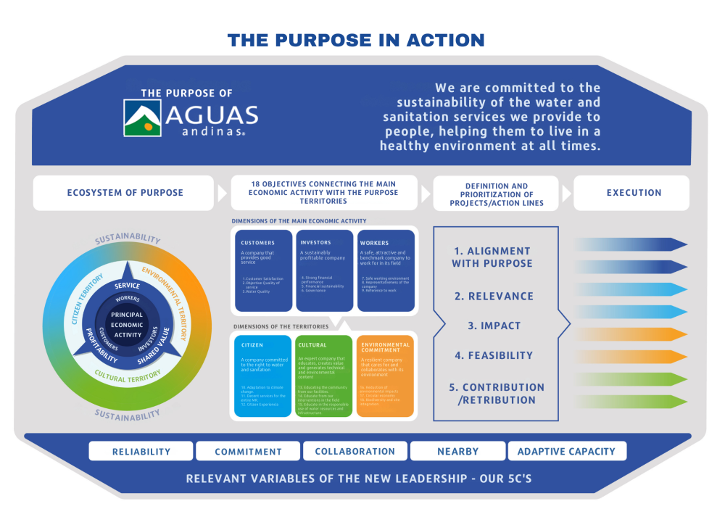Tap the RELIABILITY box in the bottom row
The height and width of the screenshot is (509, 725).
(141, 451)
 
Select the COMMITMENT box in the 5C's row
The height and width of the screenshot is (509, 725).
(248, 451)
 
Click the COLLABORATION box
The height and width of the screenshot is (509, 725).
(355, 451)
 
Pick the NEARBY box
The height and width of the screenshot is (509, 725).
(458, 451)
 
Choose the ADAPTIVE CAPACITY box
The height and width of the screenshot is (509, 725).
(566, 451)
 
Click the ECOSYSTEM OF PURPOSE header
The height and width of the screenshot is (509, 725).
(125, 193)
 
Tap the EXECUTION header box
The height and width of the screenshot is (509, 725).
(634, 193)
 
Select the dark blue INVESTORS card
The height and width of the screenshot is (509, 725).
(325, 270)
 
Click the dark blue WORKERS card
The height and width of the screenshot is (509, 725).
(386, 270)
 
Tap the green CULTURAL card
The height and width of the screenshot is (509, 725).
(324, 375)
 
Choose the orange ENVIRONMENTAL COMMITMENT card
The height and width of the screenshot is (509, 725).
(385, 375)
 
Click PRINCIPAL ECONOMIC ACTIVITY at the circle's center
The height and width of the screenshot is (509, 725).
(128, 325)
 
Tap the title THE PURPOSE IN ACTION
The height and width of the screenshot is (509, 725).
(356, 40)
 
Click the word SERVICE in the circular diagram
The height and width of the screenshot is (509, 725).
(128, 286)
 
